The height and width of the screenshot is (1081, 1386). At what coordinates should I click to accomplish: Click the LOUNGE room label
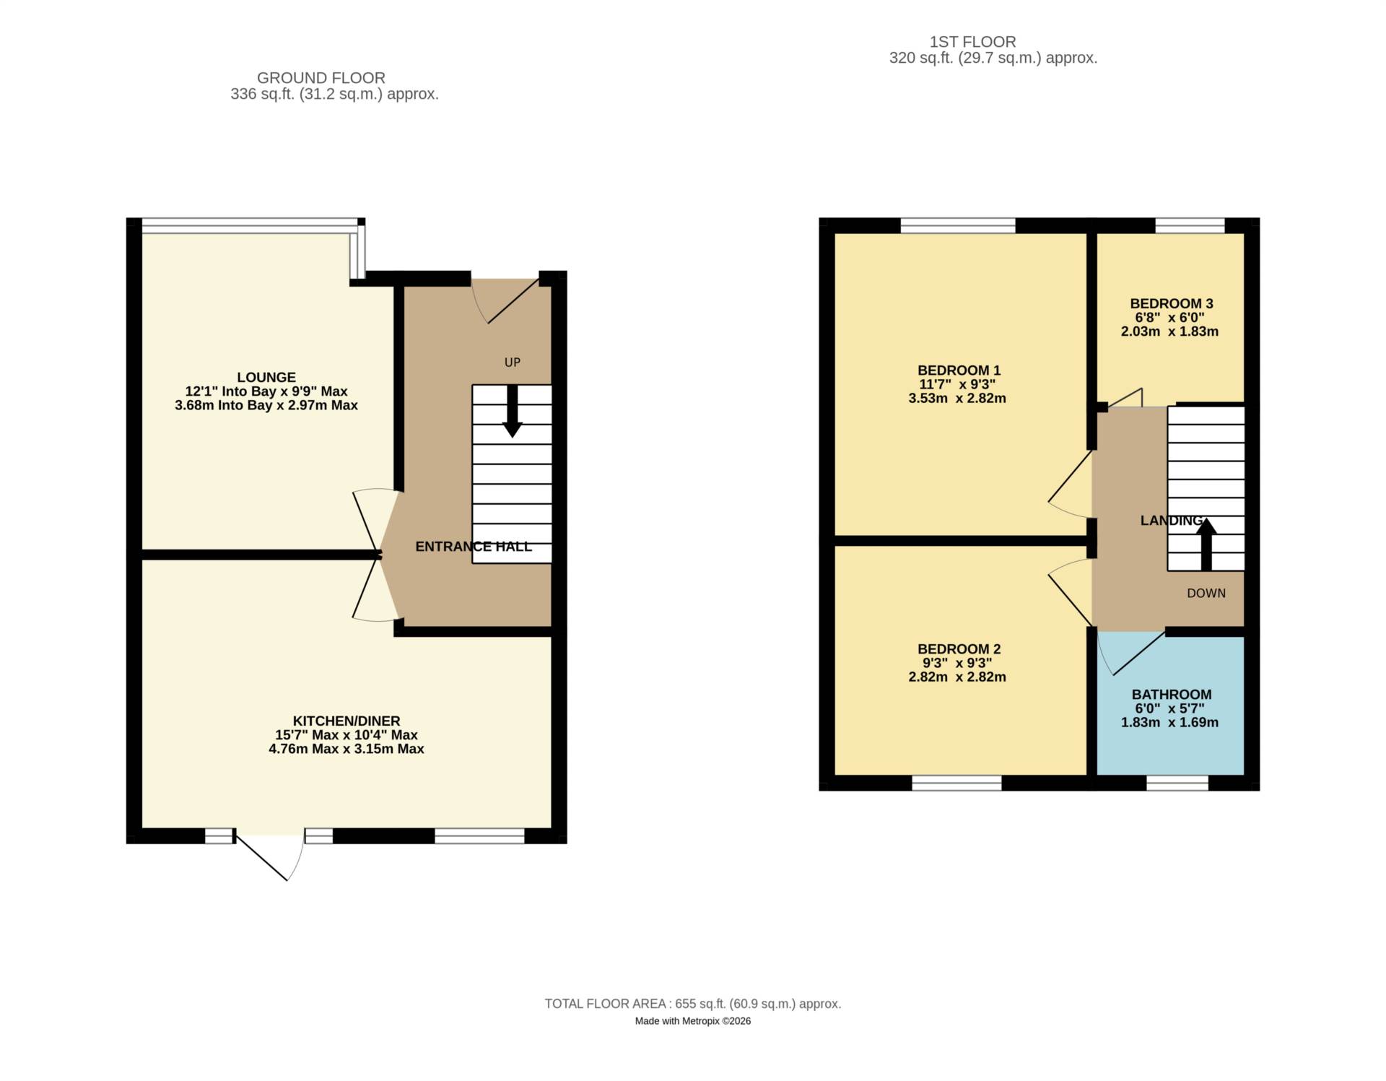266,377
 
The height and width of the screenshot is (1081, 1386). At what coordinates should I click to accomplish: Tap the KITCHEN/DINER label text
346,721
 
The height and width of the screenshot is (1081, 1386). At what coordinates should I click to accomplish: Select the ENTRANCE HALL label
473,547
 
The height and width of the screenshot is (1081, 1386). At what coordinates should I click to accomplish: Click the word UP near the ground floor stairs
512,362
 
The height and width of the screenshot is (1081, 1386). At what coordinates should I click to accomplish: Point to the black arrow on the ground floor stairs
512,412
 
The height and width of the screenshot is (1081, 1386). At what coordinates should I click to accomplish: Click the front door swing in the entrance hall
505,300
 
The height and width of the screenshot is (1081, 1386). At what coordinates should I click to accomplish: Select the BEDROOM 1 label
958,370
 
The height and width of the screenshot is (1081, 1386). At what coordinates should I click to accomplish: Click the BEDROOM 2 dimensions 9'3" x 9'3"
958,663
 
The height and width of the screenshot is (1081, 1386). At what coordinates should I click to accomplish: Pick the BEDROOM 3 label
1171,304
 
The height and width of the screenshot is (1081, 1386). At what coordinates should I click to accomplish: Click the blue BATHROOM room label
1171,695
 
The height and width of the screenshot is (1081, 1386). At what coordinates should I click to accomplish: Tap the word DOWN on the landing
1206,594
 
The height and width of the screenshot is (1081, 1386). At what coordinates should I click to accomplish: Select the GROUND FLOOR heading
321,78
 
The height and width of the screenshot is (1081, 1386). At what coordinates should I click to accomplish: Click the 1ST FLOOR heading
972,42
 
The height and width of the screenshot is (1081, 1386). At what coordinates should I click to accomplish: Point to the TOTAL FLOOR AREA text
692,1004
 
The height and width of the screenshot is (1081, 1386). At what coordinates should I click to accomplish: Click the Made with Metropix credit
692,1021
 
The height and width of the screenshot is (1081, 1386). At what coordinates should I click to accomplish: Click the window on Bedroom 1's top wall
957,225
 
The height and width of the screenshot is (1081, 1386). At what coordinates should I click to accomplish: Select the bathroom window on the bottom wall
1177,783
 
